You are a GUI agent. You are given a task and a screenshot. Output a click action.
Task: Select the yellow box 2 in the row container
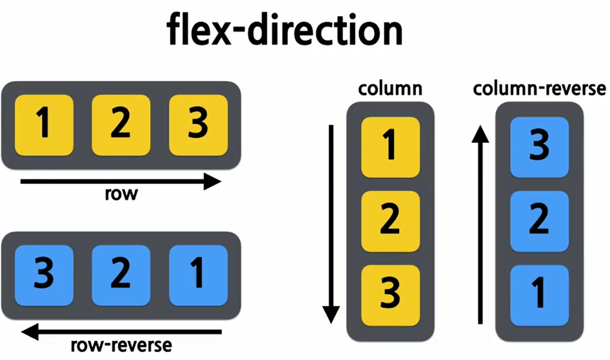pyautogui.click(x=121, y=125)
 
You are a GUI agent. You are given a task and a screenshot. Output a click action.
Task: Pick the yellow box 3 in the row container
pyautogui.click(x=198, y=125)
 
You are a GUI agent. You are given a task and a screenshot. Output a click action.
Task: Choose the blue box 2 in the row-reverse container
pyautogui.click(x=121, y=275)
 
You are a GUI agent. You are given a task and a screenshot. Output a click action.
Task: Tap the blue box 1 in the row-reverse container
pyautogui.click(x=198, y=275)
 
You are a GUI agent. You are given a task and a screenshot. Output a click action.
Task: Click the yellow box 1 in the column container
pyautogui.click(x=390, y=147)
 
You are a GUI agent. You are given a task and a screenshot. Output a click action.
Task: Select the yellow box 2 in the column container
pyautogui.click(x=390, y=221)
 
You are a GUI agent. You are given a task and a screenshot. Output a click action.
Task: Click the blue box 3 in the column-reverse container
pyautogui.click(x=539, y=147)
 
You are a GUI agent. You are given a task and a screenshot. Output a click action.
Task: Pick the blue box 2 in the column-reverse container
pyautogui.click(x=539, y=221)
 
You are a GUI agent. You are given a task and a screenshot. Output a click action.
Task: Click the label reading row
pyautogui.click(x=121, y=194)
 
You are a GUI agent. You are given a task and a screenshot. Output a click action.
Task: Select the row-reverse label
pyautogui.click(x=121, y=344)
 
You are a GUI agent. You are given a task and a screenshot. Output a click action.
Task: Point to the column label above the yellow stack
pyautogui.click(x=390, y=89)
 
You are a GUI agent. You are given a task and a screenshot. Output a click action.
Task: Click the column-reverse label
pyautogui.click(x=539, y=89)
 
